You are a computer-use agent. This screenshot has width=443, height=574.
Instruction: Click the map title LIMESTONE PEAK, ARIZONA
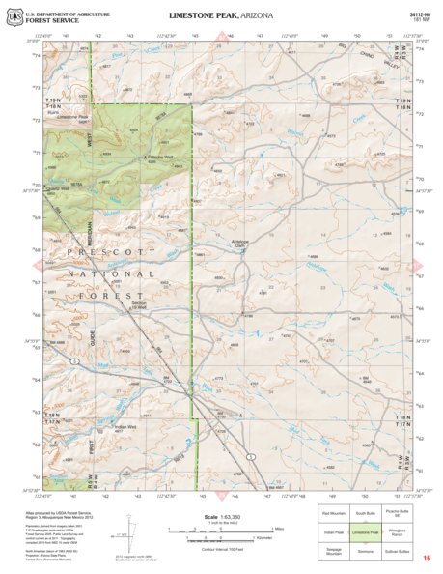point(220,17)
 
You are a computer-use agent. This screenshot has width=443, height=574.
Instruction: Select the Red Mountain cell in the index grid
point(334,511)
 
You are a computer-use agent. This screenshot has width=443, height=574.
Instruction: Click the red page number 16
point(426,558)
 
